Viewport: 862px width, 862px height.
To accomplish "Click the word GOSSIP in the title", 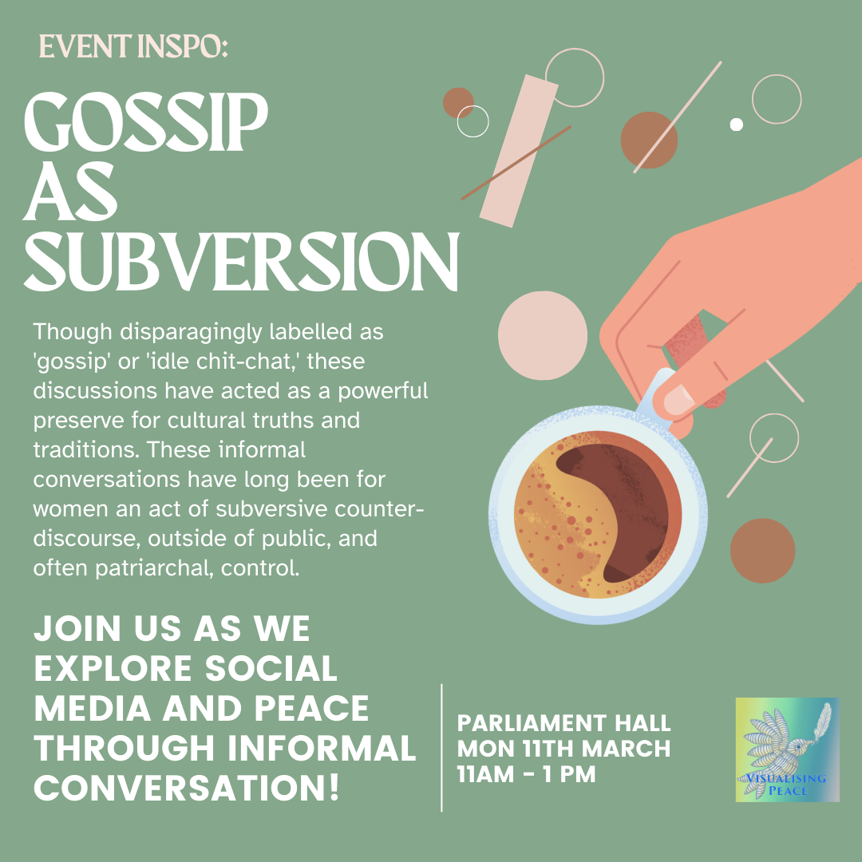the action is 146,122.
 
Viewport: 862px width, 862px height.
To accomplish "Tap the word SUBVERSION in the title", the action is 241,262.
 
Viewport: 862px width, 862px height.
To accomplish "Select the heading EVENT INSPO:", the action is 133,46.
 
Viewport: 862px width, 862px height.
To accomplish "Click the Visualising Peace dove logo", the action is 787,749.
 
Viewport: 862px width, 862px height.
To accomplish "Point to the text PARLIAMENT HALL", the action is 563,723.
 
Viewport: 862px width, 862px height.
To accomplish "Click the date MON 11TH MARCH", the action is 563,748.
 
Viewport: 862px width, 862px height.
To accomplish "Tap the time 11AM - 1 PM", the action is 526,774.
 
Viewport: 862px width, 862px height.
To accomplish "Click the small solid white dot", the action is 736,125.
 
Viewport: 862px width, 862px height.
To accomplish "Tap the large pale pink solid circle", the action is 543,335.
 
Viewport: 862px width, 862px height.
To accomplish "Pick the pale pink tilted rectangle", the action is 519,151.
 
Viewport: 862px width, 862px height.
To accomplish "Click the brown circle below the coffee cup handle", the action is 762,550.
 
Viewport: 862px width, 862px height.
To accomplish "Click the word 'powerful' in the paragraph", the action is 382,391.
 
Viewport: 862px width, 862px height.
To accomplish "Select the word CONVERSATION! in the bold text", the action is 187,788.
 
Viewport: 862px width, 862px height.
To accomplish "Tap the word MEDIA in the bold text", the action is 93,708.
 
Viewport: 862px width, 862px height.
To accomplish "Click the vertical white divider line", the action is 441,748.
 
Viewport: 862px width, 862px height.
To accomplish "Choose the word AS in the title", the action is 69,192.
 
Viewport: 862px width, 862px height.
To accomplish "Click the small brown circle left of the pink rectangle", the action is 458,103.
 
